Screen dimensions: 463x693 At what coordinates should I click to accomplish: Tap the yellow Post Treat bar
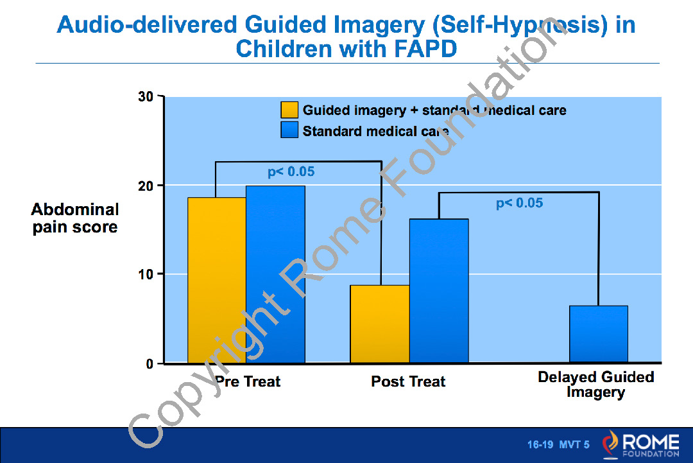[380, 324]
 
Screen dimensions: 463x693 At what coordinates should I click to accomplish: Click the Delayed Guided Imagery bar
[598, 334]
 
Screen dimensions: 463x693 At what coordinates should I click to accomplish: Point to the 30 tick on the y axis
[146, 97]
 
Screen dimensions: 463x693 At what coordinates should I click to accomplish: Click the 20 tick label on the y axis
[146, 186]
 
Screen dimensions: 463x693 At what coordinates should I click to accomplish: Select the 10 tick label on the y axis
[146, 274]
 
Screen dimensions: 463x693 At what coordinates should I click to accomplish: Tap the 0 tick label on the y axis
[150, 364]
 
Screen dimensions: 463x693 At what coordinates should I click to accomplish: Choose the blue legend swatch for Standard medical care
[289, 130]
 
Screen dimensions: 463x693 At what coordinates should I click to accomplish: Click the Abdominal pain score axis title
[75, 218]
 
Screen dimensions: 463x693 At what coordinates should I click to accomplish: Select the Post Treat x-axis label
[408, 381]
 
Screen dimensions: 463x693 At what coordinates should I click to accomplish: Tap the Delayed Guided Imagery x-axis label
[595, 385]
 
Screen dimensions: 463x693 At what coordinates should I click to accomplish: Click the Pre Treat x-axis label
[248, 381]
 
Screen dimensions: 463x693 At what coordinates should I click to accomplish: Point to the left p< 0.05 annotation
[291, 172]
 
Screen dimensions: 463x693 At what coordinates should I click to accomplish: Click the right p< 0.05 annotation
[519, 204]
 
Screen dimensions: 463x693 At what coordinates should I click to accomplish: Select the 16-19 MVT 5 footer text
[558, 444]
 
